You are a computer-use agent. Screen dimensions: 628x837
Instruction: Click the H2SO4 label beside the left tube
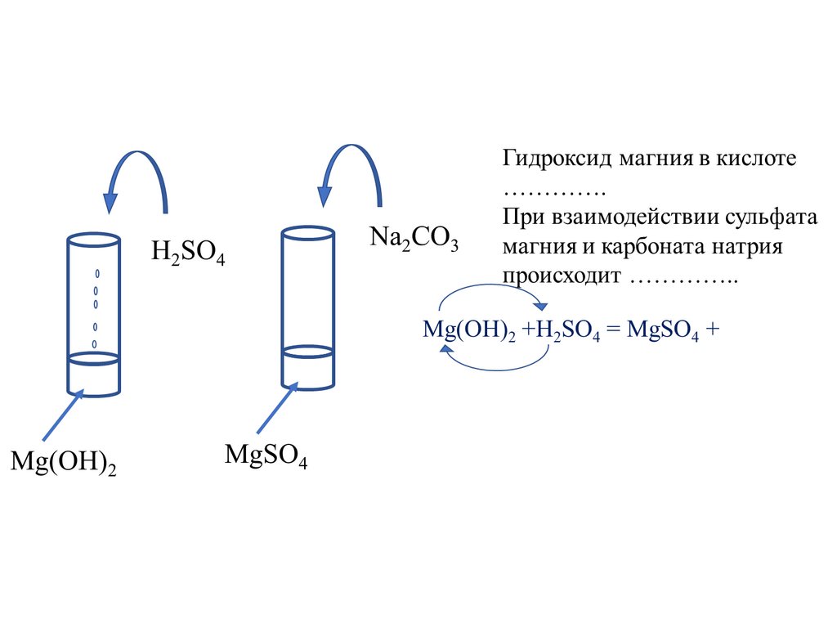pos(187,252)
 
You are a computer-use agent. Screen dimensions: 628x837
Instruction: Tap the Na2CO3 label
pos(414,239)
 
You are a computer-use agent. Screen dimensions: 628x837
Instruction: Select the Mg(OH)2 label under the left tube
pos(63,462)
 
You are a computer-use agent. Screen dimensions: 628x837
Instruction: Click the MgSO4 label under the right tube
pos(266,456)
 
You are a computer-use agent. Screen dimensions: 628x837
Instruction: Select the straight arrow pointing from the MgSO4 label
pos(276,409)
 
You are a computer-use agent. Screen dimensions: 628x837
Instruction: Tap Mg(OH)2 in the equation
pos(468,330)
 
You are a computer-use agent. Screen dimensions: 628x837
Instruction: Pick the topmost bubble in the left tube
pos(96,271)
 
